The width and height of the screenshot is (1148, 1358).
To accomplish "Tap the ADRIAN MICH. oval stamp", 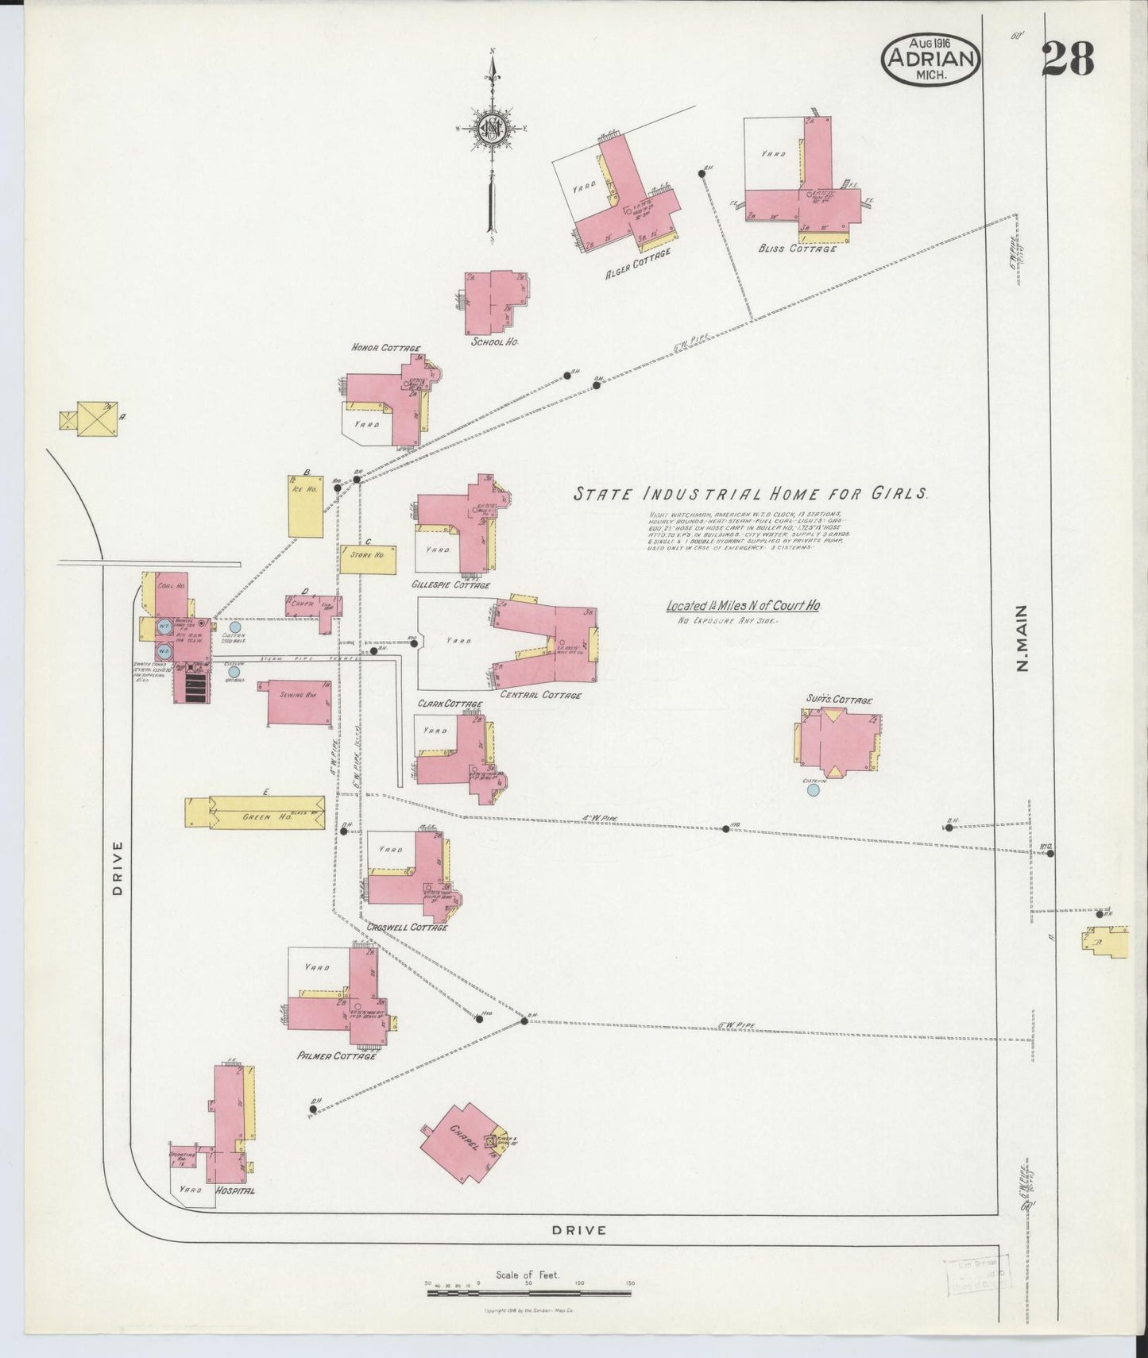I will (930, 60).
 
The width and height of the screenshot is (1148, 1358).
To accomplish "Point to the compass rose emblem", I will (493, 127).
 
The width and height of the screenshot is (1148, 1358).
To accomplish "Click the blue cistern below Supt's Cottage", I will (812, 789).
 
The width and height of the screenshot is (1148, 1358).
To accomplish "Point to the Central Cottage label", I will (540, 696).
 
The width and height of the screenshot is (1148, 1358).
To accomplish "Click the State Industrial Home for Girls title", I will (751, 493).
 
